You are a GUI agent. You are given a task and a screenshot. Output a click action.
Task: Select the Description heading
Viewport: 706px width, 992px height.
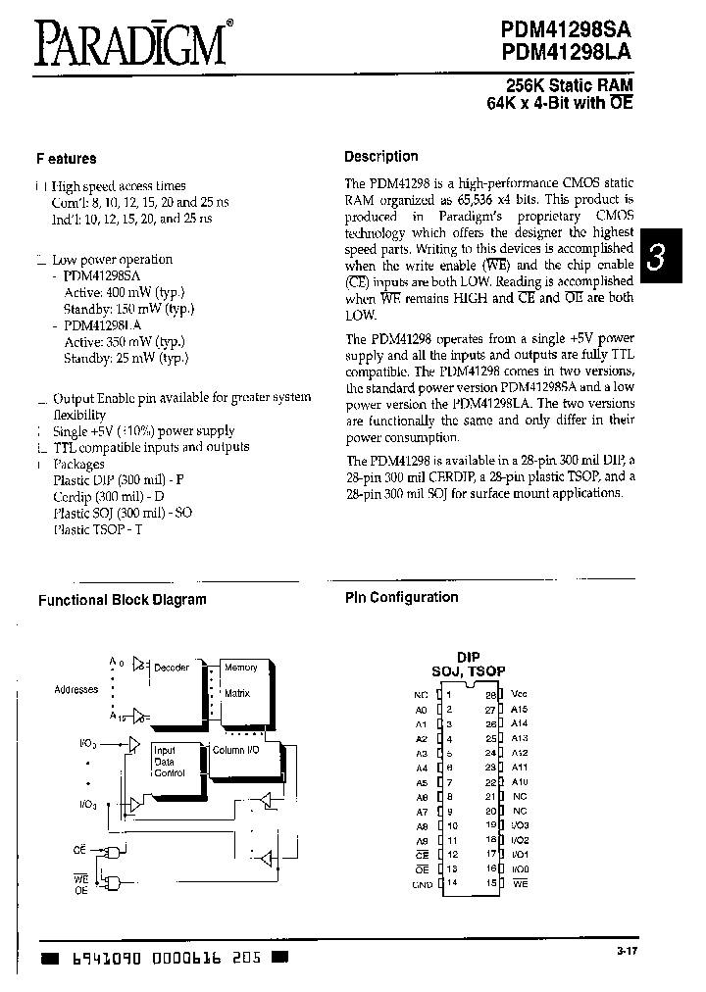coord(380,157)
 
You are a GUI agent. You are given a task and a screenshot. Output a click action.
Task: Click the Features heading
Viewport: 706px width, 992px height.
coord(67,159)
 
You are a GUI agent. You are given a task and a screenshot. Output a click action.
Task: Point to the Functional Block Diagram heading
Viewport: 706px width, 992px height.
coord(123,600)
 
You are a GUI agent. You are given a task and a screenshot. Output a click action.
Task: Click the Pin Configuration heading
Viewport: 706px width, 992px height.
coord(401,597)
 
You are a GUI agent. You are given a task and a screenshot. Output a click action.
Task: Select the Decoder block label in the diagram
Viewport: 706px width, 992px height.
coord(172,668)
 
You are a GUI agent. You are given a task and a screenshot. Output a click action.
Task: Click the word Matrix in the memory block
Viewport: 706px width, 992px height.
coord(237,693)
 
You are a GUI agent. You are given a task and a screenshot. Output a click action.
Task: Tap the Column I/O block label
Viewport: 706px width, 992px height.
coord(235,750)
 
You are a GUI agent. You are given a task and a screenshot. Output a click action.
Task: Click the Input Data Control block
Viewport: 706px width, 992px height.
coord(169,762)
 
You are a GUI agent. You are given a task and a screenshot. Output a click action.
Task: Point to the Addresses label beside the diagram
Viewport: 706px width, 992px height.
coord(76,690)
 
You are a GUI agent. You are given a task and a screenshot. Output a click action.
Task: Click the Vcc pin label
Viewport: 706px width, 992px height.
coord(520,693)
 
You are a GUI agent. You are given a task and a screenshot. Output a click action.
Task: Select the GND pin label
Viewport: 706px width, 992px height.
coord(421,885)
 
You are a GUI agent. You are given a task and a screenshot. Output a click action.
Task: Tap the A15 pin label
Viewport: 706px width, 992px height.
coord(520,709)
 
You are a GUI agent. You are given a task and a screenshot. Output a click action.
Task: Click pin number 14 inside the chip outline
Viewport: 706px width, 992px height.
coord(453,885)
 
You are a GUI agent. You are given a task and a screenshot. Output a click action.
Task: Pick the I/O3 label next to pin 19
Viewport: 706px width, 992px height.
coord(520,825)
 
